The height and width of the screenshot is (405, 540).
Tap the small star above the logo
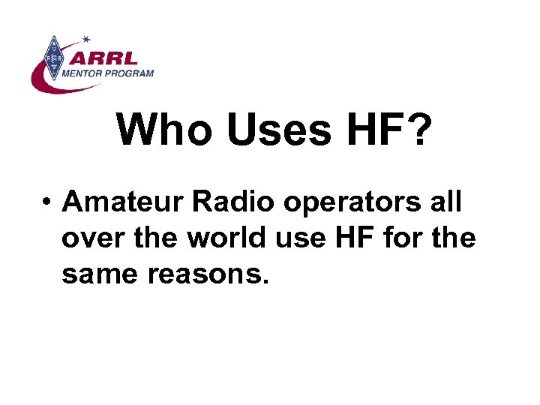[86, 38]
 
